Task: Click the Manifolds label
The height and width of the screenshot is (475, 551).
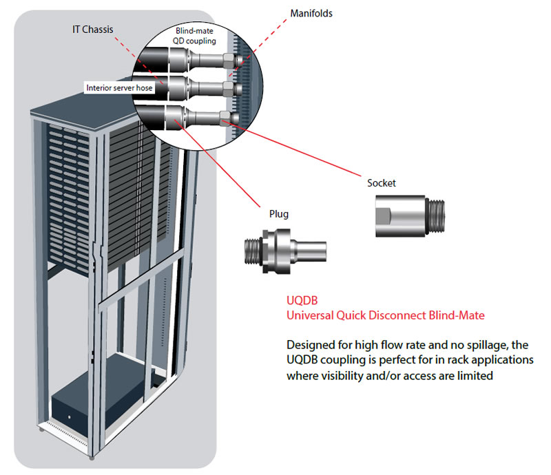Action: click(x=311, y=12)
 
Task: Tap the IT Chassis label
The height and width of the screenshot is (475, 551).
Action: click(x=92, y=30)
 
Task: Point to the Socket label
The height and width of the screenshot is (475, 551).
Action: click(x=382, y=183)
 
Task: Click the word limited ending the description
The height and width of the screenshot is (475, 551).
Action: click(x=475, y=377)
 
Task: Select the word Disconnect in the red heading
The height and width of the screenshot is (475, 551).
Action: click(x=388, y=315)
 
